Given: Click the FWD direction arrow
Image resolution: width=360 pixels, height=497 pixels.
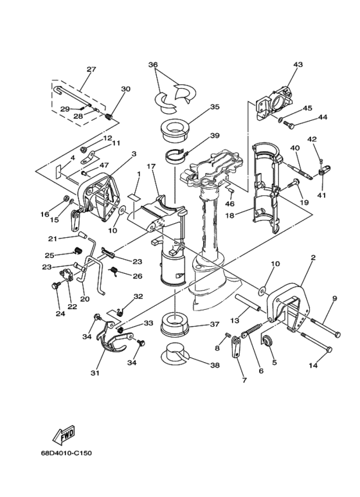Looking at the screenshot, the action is [64, 433].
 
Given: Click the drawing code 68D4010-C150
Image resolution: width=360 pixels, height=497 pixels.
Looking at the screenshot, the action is [66, 453].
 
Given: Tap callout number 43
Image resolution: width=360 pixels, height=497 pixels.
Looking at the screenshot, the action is [298, 64].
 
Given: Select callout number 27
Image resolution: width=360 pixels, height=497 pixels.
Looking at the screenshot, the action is [91, 69].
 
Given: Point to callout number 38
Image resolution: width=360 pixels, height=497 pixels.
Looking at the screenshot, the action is [215, 365].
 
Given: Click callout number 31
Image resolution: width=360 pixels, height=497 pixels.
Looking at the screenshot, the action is [95, 373].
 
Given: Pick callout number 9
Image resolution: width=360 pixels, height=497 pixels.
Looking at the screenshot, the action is [335, 298].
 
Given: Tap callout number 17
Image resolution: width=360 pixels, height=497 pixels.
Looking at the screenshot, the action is [151, 166].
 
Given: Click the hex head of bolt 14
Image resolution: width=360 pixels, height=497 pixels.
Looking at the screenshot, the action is [329, 349].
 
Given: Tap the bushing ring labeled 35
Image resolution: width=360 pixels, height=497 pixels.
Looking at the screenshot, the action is [175, 130].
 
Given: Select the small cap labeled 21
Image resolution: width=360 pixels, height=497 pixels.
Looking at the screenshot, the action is [83, 235].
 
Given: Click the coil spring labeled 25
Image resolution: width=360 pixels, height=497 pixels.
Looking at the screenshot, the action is [78, 251].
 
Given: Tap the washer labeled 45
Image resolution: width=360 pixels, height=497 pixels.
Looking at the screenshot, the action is [280, 120].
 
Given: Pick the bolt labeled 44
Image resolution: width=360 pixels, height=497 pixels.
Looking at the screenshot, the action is [289, 125].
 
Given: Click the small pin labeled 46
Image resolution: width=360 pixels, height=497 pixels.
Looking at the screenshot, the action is [231, 190].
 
